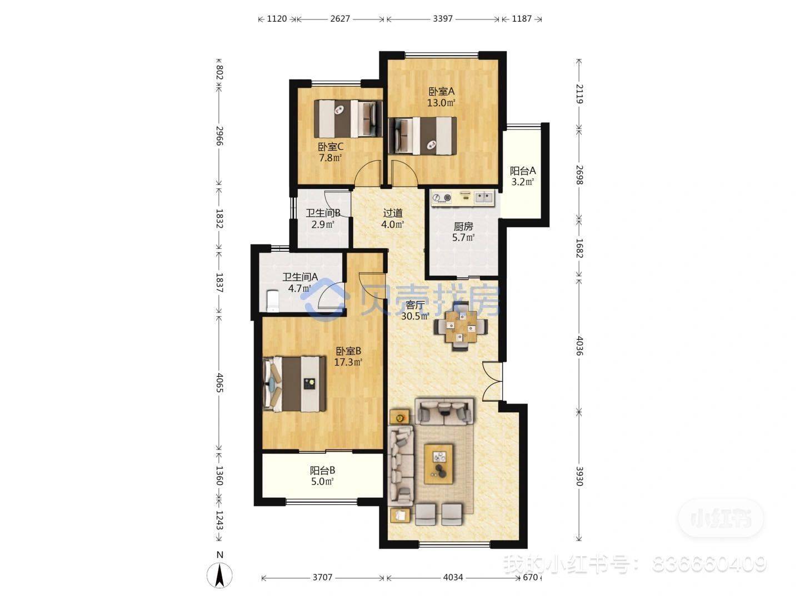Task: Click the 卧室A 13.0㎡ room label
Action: point(441,97)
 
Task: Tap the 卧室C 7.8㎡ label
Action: point(331,152)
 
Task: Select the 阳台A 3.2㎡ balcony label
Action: point(522,176)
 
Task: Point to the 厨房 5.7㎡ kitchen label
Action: point(463,232)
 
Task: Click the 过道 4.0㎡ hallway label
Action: point(393,218)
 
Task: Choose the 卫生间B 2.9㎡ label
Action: point(323,218)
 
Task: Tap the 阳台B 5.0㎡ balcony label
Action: point(322,476)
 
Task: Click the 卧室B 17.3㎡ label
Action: point(348,357)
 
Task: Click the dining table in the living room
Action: point(461,327)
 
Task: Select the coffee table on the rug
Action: point(439,464)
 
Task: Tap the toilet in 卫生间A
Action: point(272,301)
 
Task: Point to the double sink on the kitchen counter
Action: point(484,197)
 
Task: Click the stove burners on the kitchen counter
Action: point(442,198)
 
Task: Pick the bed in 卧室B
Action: point(294,384)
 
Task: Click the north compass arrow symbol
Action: point(219,575)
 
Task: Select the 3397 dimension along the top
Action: point(442,18)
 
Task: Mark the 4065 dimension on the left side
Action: point(219,383)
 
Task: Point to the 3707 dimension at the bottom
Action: point(322,577)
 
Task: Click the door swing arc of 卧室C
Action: point(367,171)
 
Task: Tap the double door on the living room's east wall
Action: point(492,381)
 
